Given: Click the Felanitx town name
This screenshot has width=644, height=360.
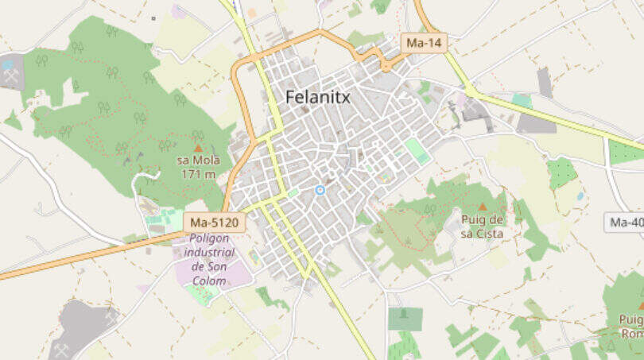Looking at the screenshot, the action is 317,98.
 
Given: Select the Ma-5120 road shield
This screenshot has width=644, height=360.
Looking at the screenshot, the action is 215,223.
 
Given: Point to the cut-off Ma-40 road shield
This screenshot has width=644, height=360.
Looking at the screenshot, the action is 626,223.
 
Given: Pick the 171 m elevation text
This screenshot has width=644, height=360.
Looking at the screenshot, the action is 198,174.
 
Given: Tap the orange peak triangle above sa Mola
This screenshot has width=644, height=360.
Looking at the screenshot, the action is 198,148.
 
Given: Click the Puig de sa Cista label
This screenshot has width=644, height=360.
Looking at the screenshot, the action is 483,227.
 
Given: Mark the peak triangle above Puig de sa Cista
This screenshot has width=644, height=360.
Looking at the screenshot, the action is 482,207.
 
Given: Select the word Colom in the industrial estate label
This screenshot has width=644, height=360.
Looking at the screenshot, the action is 209,281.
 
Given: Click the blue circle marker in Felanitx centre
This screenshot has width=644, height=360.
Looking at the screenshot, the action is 320,190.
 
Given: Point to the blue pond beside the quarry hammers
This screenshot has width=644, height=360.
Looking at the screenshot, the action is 8,64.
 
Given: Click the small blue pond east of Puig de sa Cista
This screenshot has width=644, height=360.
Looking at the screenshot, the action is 580,195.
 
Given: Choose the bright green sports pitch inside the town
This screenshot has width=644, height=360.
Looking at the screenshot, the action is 417,150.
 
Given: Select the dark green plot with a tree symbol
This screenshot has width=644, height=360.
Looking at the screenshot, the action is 405,319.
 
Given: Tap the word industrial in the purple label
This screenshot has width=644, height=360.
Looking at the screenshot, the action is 210,253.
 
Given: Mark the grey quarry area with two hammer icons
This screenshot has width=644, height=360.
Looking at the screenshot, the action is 80,326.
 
